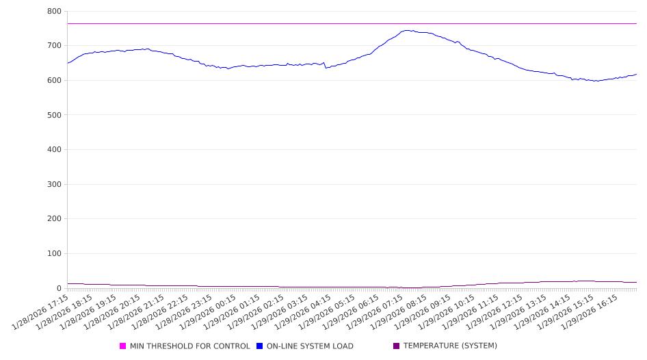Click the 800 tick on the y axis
tap(55, 12)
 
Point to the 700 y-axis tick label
tap(55, 46)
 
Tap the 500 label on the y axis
tap(55, 115)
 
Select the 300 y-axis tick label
tap(55, 185)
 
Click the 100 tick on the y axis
tap(55, 254)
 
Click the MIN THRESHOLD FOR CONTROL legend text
tap(189, 346)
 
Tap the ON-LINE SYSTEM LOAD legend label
tap(310, 346)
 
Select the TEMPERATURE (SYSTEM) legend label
tap(450, 346)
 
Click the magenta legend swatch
tap(123, 346)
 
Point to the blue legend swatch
tap(260, 346)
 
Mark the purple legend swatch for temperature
tap(397, 346)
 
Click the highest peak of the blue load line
tap(408, 30)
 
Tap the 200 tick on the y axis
tap(55, 219)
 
